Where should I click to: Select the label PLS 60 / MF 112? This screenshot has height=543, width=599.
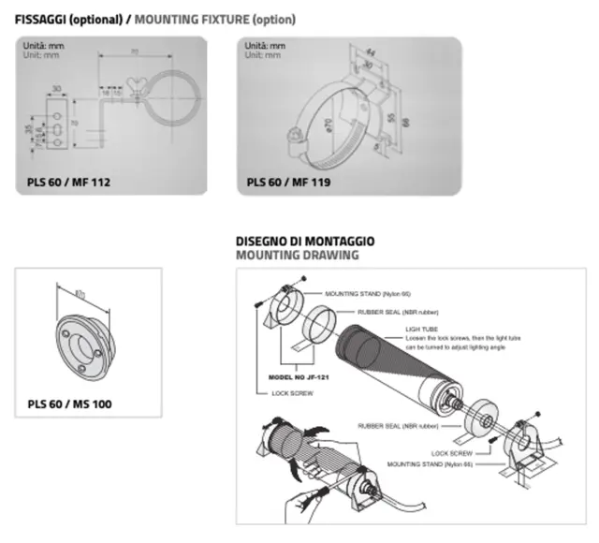[68, 182]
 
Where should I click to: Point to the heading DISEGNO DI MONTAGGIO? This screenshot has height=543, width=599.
[305, 241]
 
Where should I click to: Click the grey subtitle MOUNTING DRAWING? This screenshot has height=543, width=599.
[297, 255]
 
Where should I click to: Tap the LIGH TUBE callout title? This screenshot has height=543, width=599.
[421, 330]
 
